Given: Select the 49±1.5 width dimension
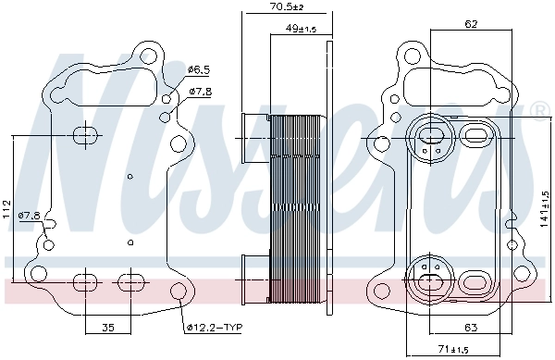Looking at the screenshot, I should tap(301, 29).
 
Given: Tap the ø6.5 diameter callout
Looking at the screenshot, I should tap(199, 69).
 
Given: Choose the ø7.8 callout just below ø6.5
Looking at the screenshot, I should tap(201, 91).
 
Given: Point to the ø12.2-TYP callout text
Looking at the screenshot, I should tap(213, 327).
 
